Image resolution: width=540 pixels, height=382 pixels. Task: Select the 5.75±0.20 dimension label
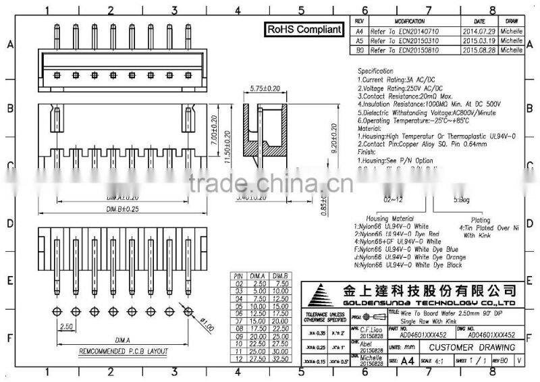tap(265, 88)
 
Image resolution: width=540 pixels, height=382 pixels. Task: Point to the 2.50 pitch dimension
tap(65, 326)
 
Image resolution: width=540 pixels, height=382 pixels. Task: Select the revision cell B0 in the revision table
tap(360, 50)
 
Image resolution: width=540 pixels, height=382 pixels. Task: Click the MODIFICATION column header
tap(409, 22)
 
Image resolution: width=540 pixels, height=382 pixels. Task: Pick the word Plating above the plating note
tap(481, 220)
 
